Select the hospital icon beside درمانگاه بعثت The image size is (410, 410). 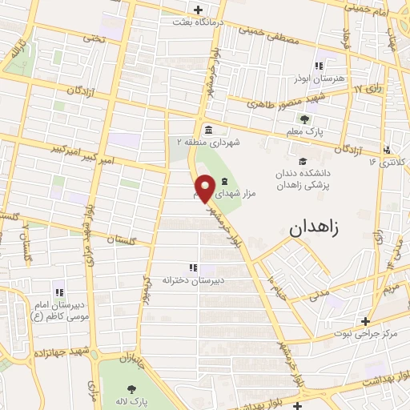click(197, 10)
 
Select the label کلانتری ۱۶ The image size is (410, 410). click(384, 161)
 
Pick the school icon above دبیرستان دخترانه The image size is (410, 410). click(192, 267)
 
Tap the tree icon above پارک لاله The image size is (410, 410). click(131, 390)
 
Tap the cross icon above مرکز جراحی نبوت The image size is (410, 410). click(364, 320)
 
